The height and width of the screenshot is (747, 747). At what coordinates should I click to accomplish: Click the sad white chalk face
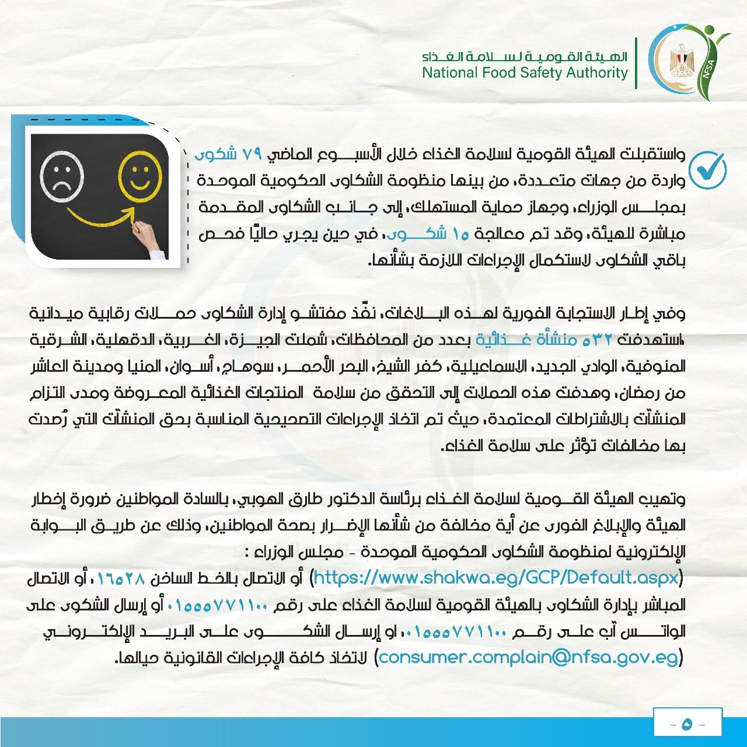[61, 176]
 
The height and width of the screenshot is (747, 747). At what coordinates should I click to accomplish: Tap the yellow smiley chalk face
[139, 174]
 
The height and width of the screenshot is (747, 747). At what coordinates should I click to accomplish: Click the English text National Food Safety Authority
[525, 73]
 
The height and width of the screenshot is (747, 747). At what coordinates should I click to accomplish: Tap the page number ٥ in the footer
[686, 724]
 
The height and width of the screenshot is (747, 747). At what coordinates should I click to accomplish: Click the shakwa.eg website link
[497, 578]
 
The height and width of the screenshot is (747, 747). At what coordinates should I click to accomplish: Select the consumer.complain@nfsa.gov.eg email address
[529, 658]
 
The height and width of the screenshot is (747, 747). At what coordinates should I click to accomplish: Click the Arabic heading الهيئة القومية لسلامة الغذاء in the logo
[525, 57]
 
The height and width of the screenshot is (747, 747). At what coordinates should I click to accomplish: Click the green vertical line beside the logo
[636, 63]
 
